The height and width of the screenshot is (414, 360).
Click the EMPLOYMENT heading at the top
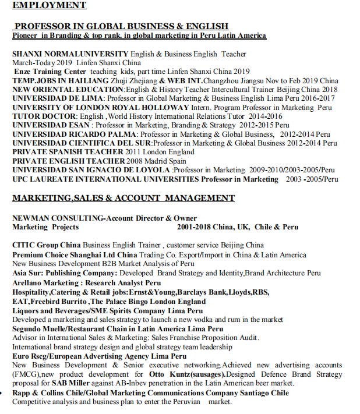(49, 5)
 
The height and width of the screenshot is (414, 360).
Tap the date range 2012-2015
(256, 125)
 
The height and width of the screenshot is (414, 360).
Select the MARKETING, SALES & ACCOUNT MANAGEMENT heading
(123, 198)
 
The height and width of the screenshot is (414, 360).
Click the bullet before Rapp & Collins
(5, 393)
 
